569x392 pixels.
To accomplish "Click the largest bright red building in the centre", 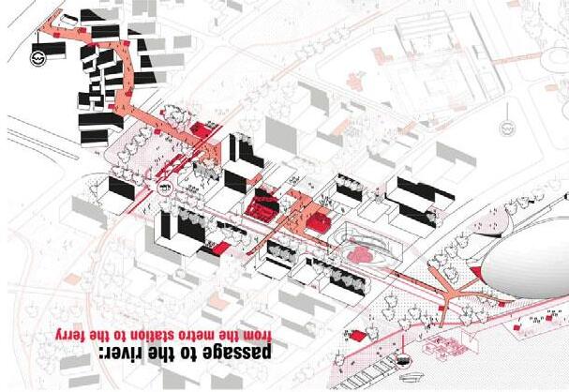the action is (262, 205).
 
